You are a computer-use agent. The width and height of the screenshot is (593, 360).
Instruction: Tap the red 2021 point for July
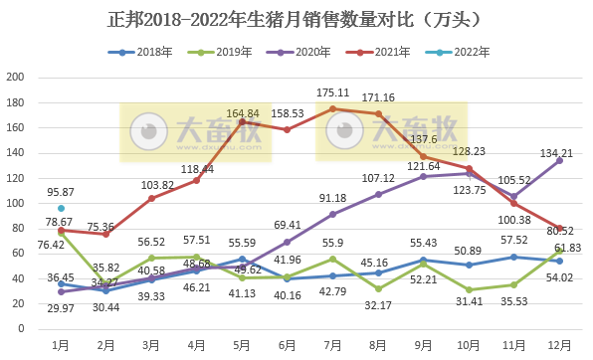click(332, 108)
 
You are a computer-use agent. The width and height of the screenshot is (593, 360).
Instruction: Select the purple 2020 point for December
click(558, 160)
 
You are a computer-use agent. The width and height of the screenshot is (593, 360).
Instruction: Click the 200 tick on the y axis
click(16, 78)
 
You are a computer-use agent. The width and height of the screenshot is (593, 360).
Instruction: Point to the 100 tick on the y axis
click(16, 203)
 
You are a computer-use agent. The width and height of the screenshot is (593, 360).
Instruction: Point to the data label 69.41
click(287, 227)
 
